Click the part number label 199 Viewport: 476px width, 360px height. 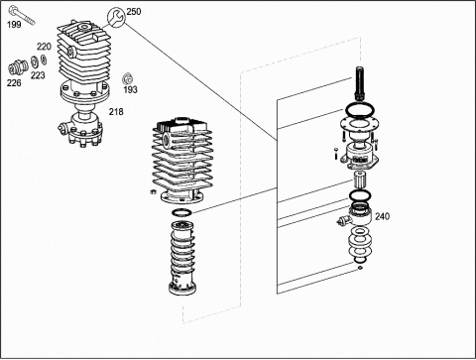[14, 25]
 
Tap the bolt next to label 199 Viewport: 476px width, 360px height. [22, 15]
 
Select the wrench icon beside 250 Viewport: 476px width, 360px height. [116, 17]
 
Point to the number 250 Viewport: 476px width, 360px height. [134, 12]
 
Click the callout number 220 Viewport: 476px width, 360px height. [44, 47]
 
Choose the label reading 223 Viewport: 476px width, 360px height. [38, 75]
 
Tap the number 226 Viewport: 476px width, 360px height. [14, 82]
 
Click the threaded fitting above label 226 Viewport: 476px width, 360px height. [18, 67]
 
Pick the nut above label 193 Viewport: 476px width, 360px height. [127, 78]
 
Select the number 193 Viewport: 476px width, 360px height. [131, 89]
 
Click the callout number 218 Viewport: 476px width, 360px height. [116, 112]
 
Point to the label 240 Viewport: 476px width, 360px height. [382, 216]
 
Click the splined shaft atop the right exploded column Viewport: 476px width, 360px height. [360, 83]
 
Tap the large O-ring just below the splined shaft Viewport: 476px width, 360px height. [360, 109]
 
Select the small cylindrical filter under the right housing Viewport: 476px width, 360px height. [359, 180]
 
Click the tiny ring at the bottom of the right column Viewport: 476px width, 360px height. [360, 268]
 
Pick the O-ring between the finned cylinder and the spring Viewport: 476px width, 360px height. [181, 212]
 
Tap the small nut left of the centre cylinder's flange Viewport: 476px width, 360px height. [153, 191]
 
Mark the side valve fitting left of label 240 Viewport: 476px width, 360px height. [344, 220]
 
